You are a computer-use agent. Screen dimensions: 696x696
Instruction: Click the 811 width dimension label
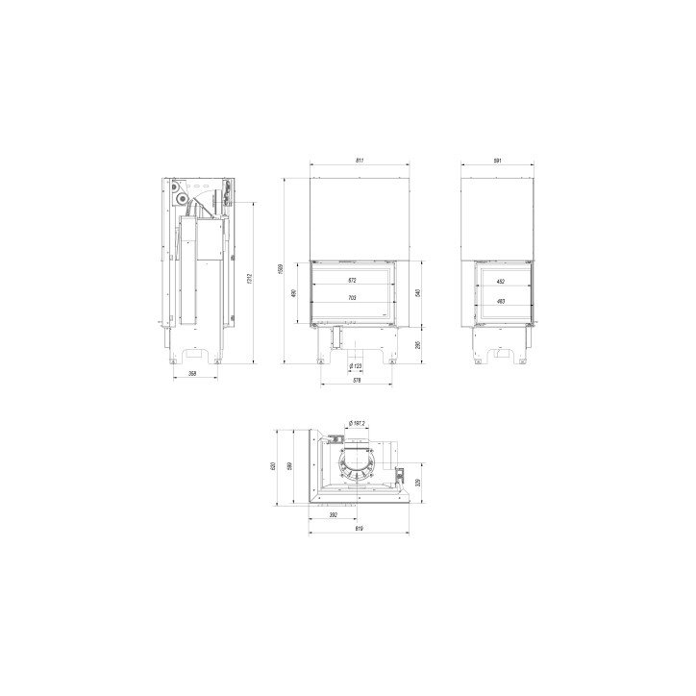[x=359, y=160]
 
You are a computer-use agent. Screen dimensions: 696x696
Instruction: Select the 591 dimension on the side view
[x=498, y=160]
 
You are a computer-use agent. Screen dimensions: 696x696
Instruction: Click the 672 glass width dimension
[x=352, y=281]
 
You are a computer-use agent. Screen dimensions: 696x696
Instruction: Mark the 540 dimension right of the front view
[x=418, y=293]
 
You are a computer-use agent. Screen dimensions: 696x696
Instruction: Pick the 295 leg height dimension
[x=418, y=344]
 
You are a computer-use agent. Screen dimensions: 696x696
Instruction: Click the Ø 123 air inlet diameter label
[x=355, y=365]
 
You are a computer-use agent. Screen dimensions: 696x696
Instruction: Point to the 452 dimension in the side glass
[x=500, y=282]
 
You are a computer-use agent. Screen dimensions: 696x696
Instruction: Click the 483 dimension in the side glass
[x=500, y=301]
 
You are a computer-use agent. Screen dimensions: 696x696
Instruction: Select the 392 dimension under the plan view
[x=334, y=515]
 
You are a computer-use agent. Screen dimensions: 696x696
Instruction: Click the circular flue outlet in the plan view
[x=358, y=460]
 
